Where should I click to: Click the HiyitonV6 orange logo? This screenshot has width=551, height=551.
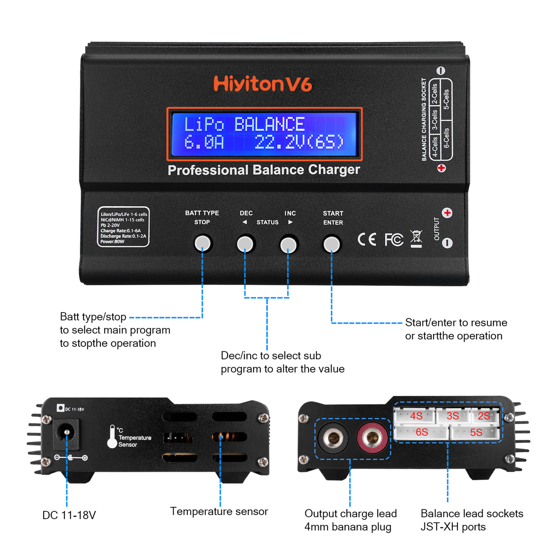[x=262, y=84]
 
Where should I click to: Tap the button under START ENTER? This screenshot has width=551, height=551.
[x=332, y=244]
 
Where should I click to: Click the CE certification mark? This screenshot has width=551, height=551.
[x=366, y=239]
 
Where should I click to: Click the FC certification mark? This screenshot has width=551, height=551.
[x=394, y=239]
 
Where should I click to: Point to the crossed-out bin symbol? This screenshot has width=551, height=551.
[x=416, y=238]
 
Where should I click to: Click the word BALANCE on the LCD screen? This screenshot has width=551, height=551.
[x=269, y=124]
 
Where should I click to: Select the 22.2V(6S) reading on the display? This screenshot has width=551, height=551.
[x=299, y=142]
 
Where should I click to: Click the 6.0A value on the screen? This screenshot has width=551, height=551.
[x=204, y=142]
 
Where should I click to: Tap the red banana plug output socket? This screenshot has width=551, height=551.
[x=372, y=438]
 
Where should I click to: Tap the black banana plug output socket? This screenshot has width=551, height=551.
[x=333, y=438]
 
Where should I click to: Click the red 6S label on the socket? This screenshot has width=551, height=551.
[x=422, y=432]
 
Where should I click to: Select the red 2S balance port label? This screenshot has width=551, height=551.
[x=484, y=416]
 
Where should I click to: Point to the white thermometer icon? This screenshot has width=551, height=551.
[x=112, y=437]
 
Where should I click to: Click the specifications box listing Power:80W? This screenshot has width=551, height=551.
[x=123, y=227]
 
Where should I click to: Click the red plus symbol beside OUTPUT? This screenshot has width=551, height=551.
[x=447, y=213]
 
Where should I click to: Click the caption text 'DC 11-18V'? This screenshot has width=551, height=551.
[x=69, y=515]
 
